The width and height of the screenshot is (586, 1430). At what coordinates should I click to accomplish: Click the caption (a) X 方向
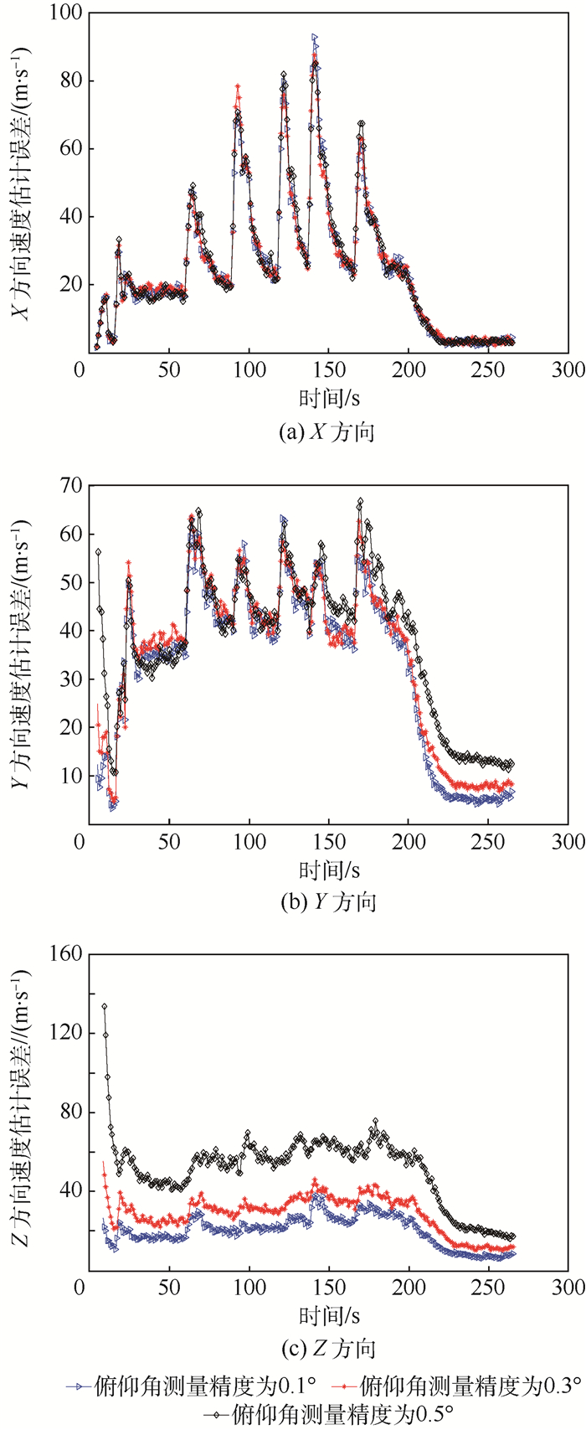pyautogui.click(x=326, y=432)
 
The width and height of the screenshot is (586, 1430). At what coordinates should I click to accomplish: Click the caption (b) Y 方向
pyautogui.click(x=326, y=902)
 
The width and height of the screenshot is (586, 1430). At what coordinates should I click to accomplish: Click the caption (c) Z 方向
pyautogui.click(x=326, y=1372)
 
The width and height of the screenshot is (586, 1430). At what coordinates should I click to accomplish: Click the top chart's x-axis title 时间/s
pyautogui.click(x=326, y=397)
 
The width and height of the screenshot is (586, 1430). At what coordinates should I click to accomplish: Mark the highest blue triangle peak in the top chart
pyautogui.click(x=314, y=38)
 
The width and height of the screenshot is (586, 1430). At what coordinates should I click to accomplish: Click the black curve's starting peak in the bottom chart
pyautogui.click(x=105, y=1006)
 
